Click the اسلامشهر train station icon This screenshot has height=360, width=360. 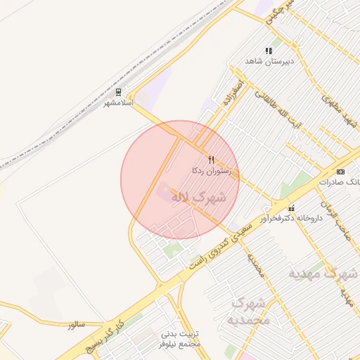118,92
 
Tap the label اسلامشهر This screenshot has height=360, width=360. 118,103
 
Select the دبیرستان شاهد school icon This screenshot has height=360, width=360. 268,51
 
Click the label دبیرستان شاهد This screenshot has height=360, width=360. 268,61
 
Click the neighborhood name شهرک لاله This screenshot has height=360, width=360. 199,197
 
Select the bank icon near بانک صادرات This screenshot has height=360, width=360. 341,172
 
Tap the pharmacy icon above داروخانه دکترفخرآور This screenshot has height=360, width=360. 292,207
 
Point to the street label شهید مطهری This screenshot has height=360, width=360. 339,111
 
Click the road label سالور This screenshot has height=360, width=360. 76,325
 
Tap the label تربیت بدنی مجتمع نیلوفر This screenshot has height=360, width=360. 181,339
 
